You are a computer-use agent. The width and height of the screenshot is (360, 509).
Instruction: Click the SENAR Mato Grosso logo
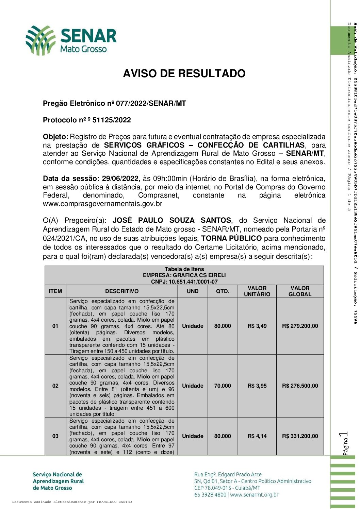(71, 40)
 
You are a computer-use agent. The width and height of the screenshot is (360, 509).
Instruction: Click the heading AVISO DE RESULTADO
(184, 73)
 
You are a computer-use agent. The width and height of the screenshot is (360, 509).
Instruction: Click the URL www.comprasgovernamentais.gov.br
(102, 204)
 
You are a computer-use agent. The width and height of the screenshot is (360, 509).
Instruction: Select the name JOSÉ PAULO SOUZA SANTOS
(172, 220)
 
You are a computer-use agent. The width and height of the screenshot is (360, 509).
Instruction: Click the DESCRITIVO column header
(122, 291)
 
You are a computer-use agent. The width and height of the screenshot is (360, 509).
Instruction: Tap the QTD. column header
(223, 291)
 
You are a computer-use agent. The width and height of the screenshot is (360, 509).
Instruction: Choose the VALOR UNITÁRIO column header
(257, 291)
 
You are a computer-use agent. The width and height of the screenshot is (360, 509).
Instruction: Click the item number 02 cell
(55, 386)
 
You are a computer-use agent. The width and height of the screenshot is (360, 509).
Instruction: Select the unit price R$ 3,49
(257, 326)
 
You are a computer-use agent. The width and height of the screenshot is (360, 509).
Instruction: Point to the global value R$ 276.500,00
(300, 386)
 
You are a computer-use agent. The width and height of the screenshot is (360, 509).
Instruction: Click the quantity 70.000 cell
(223, 386)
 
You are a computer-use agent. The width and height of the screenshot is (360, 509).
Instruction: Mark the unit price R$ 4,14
(257, 436)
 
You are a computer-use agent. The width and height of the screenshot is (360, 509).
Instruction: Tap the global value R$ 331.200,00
(300, 436)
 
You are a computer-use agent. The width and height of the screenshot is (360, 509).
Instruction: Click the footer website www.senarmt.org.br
(254, 495)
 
